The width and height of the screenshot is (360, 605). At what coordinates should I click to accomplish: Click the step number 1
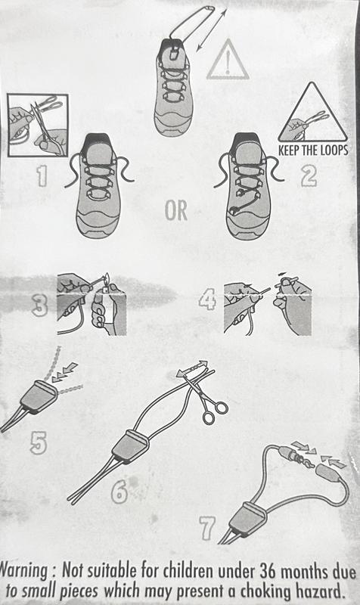coord(42,176)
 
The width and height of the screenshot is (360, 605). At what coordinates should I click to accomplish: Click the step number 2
coord(309,176)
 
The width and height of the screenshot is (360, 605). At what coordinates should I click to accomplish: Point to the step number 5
coord(39,442)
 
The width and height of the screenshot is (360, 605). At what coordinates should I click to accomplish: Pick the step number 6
coord(119,492)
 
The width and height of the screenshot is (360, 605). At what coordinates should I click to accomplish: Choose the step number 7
coord(206,528)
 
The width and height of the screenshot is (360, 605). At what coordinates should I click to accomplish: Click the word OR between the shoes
coord(176,211)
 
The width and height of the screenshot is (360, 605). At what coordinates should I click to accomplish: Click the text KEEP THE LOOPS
coord(313,150)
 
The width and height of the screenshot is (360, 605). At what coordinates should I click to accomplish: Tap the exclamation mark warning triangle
coord(228,60)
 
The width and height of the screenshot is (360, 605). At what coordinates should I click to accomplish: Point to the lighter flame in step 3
coord(107,277)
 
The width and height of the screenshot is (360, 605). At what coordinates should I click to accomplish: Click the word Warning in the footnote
coord(25,570)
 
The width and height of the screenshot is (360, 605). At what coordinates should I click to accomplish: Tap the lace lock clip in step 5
coord(39,396)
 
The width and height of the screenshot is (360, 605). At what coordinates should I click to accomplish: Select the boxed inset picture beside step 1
coord(38,125)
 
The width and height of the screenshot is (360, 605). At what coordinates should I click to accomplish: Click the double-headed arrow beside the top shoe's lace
coord(212,30)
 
